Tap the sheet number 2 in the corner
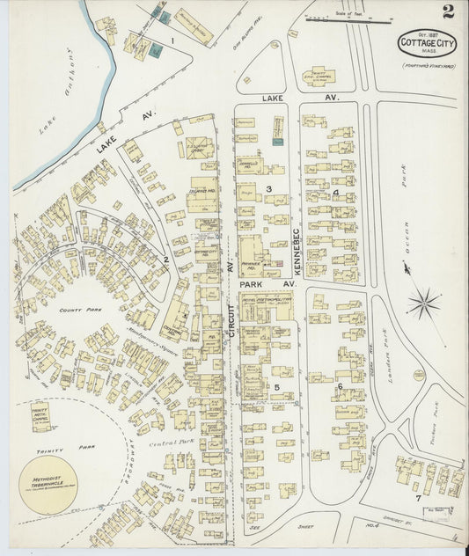(448, 11)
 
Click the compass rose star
(424, 304)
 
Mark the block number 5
(276, 387)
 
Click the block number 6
(339, 385)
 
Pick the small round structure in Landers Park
(418, 376)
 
